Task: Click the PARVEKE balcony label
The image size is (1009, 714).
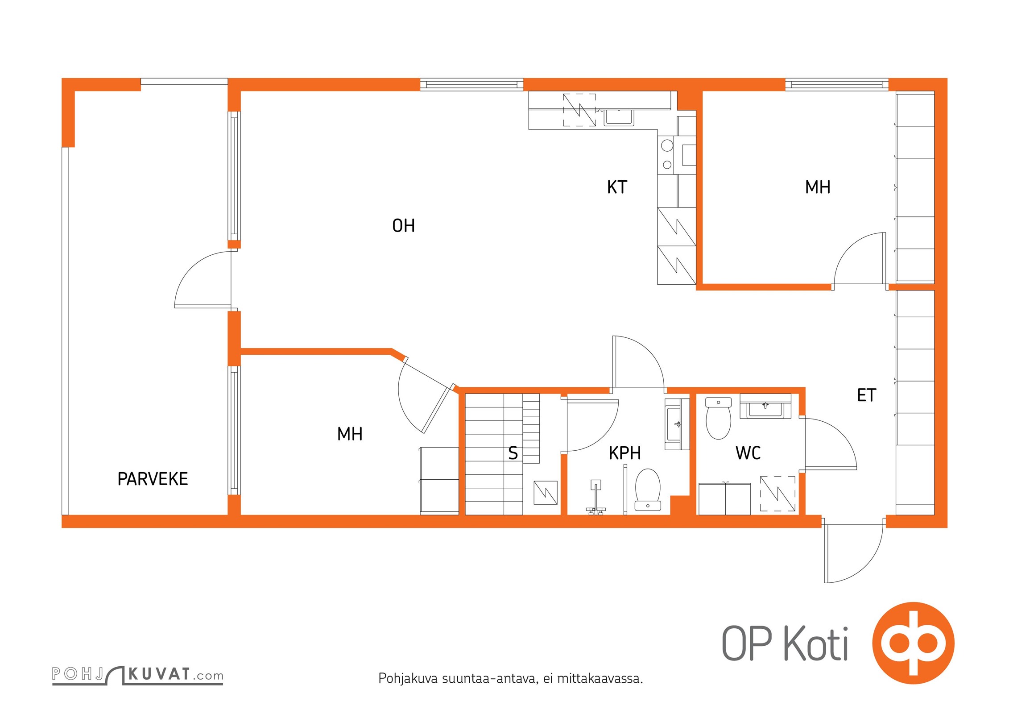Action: click(x=153, y=479)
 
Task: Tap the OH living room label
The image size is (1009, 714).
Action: click(x=403, y=226)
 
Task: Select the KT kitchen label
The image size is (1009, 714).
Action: click(x=617, y=187)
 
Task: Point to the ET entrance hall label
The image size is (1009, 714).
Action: click(x=866, y=395)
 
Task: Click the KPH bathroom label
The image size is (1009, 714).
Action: click(x=624, y=453)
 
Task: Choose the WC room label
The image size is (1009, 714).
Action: click(x=748, y=453)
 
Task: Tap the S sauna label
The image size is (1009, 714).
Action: click(x=513, y=453)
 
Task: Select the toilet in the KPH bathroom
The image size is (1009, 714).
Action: click(x=648, y=489)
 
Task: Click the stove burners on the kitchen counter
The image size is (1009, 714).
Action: click(x=667, y=154)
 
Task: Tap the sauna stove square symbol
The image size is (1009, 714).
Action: click(x=546, y=493)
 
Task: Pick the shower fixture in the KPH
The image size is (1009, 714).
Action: click(x=595, y=498)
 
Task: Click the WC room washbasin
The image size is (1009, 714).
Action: click(x=765, y=406)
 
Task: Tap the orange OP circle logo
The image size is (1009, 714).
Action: click(x=913, y=643)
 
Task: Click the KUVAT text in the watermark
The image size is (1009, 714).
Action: click(x=159, y=674)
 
